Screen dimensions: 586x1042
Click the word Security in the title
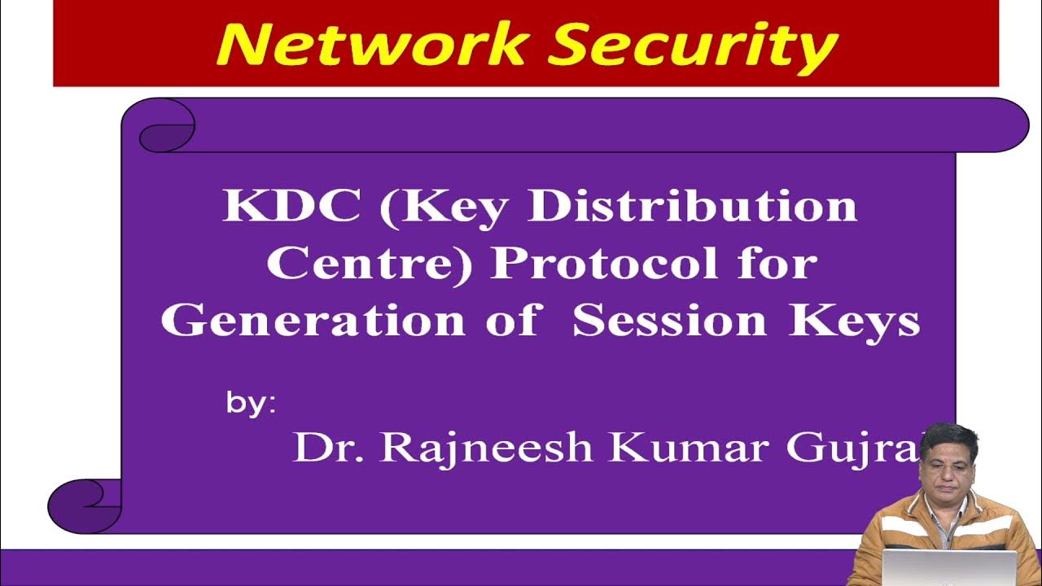point(693,46)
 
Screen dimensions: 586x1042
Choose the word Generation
point(313,321)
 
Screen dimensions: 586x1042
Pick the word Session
point(669,321)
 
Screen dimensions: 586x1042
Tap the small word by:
point(251,404)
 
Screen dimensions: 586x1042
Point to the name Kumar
point(689,447)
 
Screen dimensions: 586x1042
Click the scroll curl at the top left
point(167,129)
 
